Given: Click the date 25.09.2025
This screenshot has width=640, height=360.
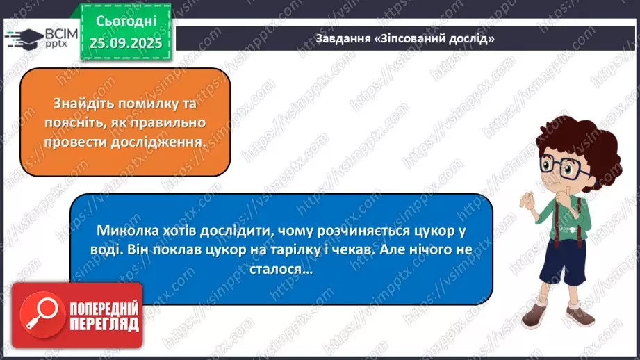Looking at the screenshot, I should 125,43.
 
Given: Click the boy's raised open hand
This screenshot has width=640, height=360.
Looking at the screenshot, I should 526,202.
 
